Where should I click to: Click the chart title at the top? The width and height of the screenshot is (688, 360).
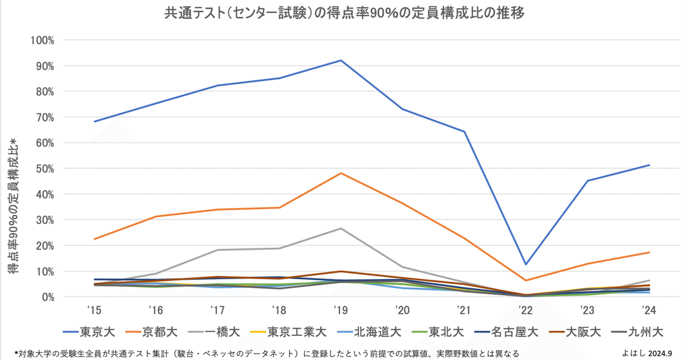click(344, 13)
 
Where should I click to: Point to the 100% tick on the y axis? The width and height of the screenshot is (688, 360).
click(42, 41)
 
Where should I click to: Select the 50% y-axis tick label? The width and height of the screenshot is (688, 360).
click(44, 169)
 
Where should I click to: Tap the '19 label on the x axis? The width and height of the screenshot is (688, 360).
click(341, 310)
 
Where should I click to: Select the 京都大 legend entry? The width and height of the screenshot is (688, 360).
click(150, 331)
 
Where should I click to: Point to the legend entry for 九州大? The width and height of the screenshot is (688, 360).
click(640, 331)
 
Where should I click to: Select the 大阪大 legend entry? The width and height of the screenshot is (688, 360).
click(574, 331)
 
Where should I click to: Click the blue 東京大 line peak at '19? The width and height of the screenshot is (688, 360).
click(341, 60)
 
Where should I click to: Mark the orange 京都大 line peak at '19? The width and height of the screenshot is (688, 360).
click(341, 173)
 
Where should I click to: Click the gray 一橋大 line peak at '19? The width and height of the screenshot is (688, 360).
click(341, 228)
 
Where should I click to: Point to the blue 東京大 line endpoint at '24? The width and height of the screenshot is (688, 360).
click(649, 165)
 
